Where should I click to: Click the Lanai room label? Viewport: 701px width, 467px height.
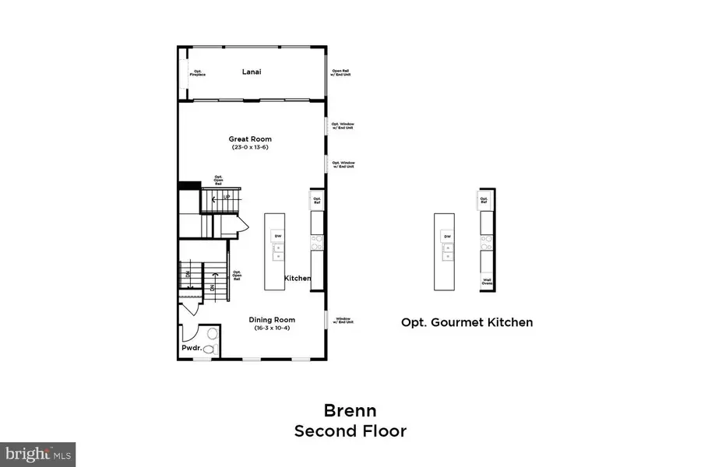250,72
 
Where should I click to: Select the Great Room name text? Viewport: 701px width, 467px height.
250,139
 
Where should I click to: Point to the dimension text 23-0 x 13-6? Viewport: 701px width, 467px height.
251,148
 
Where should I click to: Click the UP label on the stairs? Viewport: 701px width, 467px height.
227,198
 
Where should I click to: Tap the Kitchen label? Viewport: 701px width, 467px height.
297,279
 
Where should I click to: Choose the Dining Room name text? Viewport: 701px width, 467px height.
272,319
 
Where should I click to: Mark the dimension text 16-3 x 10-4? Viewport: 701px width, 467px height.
272,328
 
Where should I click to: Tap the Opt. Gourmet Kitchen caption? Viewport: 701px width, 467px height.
467,321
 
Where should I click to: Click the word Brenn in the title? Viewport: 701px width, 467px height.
350,409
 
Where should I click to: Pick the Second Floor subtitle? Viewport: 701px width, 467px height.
350,430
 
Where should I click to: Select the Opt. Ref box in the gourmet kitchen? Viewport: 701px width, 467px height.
484,201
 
